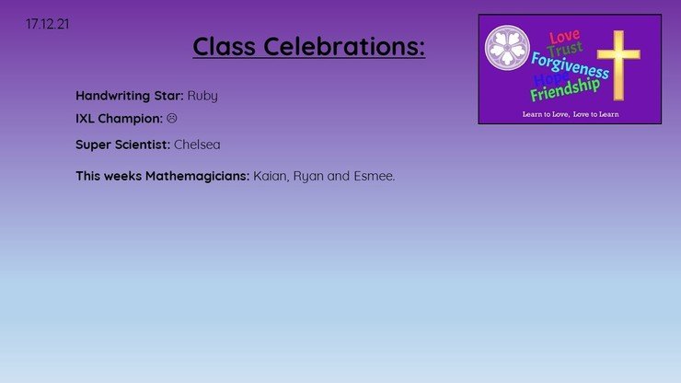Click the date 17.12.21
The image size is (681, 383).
[x=47, y=24]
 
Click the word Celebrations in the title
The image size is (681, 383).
[x=344, y=46]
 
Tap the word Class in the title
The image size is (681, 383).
[x=225, y=46]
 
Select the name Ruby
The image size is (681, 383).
[x=202, y=96]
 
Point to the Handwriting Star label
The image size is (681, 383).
[x=130, y=96]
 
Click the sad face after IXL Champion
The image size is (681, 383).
[x=172, y=118]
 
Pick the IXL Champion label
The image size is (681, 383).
[x=119, y=119]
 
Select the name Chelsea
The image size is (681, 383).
[x=197, y=145]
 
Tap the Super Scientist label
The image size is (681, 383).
[x=123, y=145]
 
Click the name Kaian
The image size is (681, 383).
[x=271, y=176]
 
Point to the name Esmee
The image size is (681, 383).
[x=375, y=176]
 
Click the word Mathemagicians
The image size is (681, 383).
[x=197, y=176]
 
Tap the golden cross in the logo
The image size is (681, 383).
[x=618, y=65]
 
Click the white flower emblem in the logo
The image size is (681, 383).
[x=507, y=48]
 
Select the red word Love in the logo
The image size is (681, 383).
[x=565, y=37]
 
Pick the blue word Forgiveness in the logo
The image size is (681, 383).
[x=570, y=65]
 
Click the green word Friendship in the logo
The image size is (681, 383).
[x=565, y=90]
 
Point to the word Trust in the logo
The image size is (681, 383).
[x=565, y=49]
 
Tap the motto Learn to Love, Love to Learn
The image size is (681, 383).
[x=571, y=114]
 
